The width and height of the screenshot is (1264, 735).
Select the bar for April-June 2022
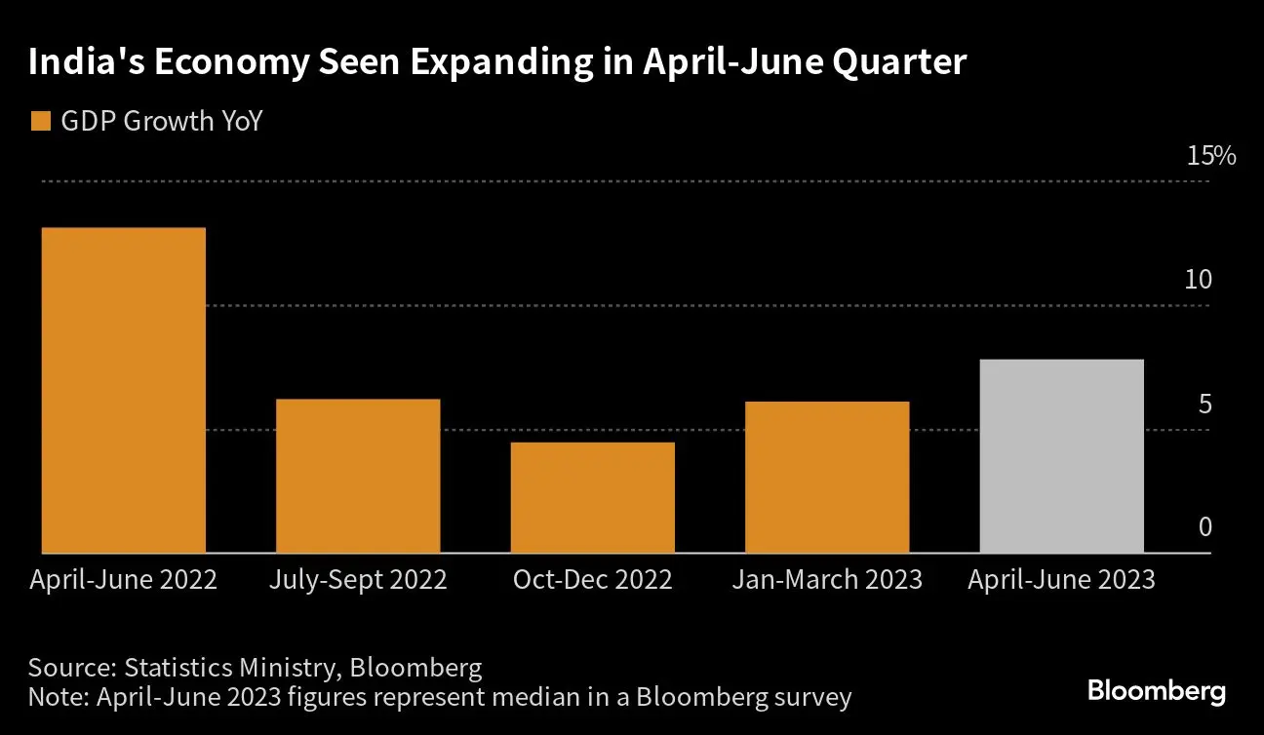point(124,390)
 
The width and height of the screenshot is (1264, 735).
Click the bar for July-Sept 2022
point(358,476)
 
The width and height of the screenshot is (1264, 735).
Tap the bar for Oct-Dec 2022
point(592,497)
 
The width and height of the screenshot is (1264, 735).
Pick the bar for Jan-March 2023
point(827,477)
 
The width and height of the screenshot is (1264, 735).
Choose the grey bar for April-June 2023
point(1061,456)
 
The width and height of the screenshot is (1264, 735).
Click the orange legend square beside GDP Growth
point(40,122)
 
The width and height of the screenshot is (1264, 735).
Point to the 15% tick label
point(1210,156)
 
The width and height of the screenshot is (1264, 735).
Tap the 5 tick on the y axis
point(1205,404)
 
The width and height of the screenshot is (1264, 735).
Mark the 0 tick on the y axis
point(1205,527)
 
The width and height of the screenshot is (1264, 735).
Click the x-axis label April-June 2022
point(124,580)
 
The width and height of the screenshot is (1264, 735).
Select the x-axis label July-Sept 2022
point(358,580)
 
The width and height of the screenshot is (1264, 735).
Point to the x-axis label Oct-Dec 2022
point(592,580)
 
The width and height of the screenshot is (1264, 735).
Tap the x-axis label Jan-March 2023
point(827,580)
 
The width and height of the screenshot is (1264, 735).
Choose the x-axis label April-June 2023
point(1061,580)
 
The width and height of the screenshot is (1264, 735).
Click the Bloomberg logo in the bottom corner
point(1157,692)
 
